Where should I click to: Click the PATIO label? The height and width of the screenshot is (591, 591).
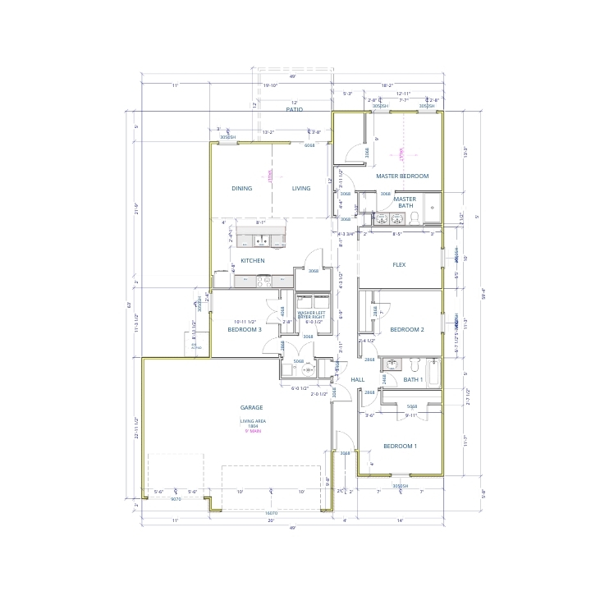pos(295,108)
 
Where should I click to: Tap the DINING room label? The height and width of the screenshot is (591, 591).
pos(241,188)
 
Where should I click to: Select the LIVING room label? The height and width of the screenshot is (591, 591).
pos(301,188)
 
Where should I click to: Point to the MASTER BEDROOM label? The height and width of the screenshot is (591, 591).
pos(402,176)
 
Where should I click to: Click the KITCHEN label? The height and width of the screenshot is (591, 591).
pos(252,260)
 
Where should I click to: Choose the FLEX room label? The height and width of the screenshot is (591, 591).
pos(400,264)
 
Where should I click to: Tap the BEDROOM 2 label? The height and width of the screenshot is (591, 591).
pos(406,329)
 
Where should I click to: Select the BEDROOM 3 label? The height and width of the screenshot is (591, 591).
pos(245,329)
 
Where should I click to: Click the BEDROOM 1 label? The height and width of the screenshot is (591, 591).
pos(400,446)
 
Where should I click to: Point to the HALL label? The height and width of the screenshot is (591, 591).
pos(357,380)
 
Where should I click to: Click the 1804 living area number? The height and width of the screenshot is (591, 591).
pos(251,427)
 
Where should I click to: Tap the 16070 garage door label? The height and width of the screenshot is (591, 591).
pos(270,514)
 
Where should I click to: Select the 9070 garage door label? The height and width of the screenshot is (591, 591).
pos(175,498)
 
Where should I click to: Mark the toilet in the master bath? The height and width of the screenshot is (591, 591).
pos(415,217)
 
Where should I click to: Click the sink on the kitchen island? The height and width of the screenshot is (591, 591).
pos(262,241)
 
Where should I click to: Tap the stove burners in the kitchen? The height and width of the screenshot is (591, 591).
pos(265,281)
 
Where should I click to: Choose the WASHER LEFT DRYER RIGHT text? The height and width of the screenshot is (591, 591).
pos(313,316)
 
